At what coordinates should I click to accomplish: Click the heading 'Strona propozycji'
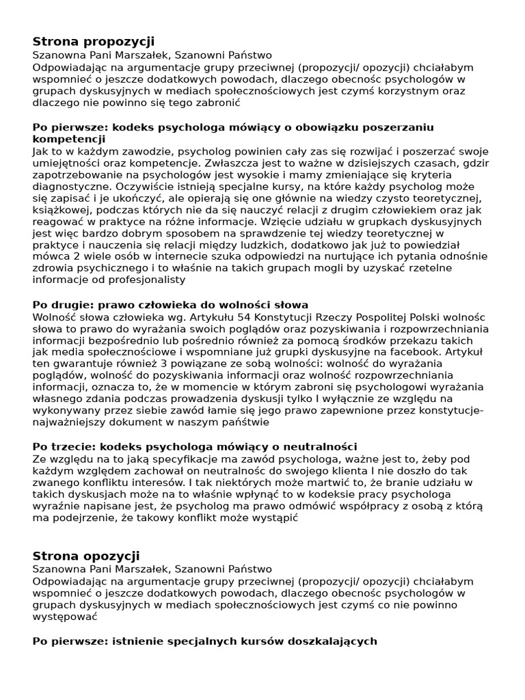tap(94, 42)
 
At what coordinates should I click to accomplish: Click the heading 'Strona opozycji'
tap(86, 556)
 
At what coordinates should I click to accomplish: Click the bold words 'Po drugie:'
tap(63, 304)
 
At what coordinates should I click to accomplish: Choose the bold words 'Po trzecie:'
tap(64, 446)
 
